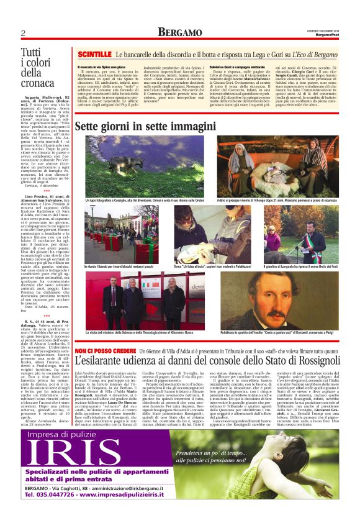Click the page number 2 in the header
pyautogui.click(x=23, y=34)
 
